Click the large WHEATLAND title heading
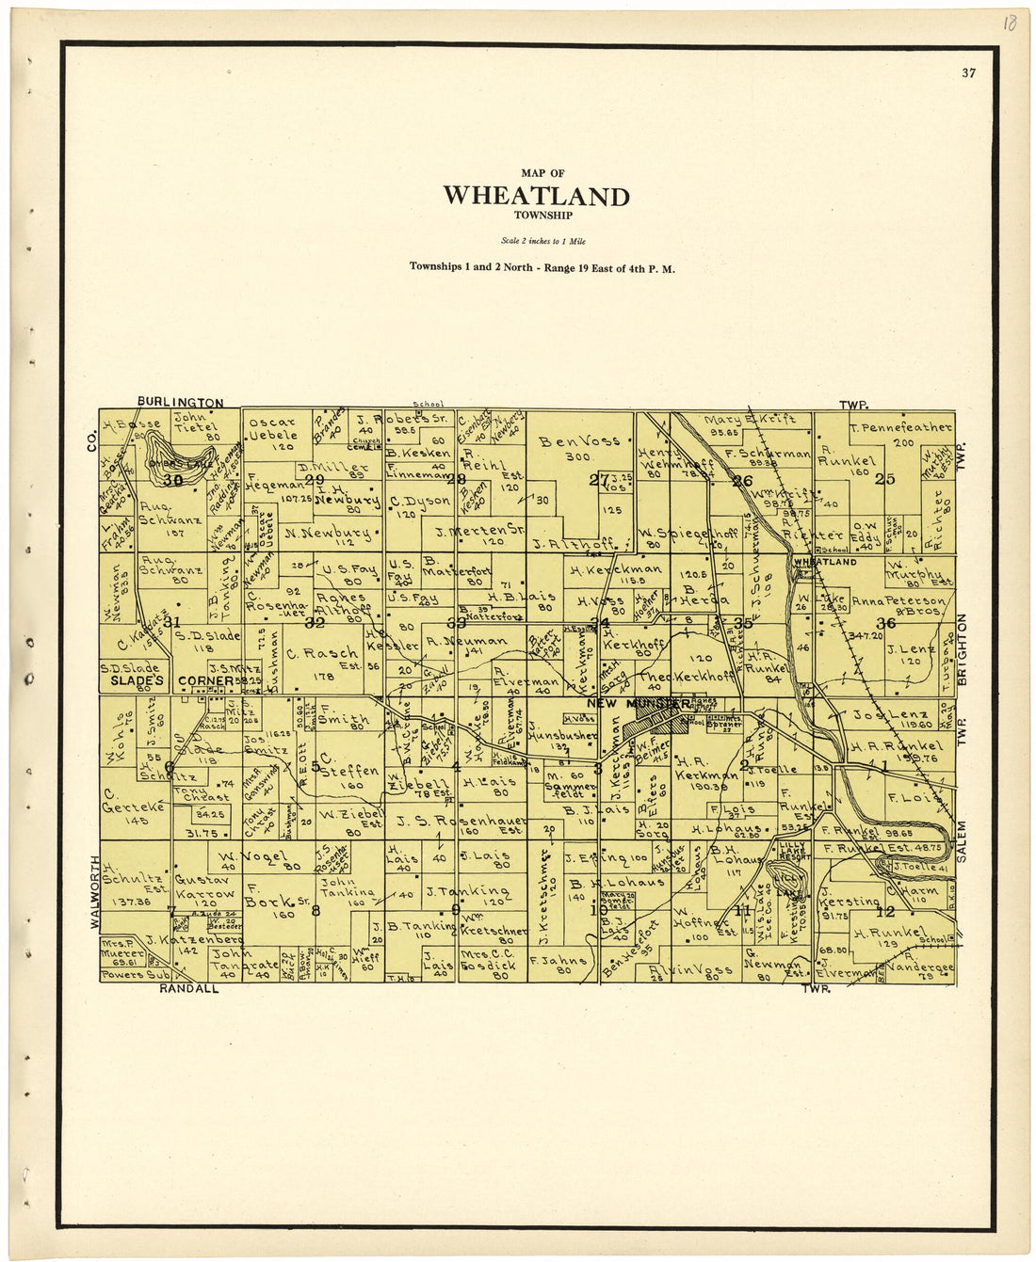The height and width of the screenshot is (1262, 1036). [x=536, y=196]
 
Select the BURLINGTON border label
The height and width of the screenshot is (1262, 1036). [x=181, y=403]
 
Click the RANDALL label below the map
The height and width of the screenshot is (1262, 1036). [x=188, y=989]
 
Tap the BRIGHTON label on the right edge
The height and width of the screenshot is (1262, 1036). [x=963, y=649]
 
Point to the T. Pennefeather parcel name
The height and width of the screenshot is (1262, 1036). [x=899, y=427]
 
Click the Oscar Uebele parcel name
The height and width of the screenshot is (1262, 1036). [x=273, y=429]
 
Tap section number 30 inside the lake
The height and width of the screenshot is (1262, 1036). [x=172, y=479]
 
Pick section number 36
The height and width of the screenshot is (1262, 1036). [x=885, y=623]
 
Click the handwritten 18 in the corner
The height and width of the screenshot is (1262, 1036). [x=1009, y=23]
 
